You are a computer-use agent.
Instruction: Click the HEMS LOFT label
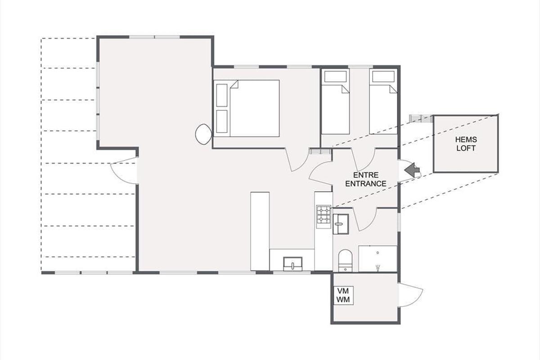click(x=466, y=144)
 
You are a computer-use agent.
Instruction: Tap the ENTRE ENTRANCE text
click(x=366, y=179)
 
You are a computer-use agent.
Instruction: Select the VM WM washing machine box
click(x=343, y=295)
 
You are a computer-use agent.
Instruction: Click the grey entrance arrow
click(x=412, y=170)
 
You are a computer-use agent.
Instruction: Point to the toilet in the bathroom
click(x=345, y=261)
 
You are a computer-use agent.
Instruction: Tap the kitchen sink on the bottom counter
click(x=292, y=264)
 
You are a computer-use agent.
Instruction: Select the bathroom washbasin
click(x=341, y=224)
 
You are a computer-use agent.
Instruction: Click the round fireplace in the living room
click(x=203, y=134)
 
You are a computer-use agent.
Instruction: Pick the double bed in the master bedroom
click(x=247, y=108)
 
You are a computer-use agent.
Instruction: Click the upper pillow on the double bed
click(x=221, y=95)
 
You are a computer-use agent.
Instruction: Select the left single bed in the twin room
click(x=336, y=102)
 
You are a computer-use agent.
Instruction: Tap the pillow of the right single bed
click(x=383, y=76)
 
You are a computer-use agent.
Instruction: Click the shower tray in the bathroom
click(x=378, y=259)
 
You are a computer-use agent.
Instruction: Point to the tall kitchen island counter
click(x=260, y=231)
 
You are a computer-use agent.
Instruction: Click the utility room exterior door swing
click(x=410, y=295)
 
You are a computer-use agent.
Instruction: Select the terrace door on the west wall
click(x=124, y=171)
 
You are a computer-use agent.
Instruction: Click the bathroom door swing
click(x=365, y=219)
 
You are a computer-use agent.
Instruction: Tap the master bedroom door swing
click(x=297, y=160)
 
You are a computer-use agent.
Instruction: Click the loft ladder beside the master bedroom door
click(x=320, y=151)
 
